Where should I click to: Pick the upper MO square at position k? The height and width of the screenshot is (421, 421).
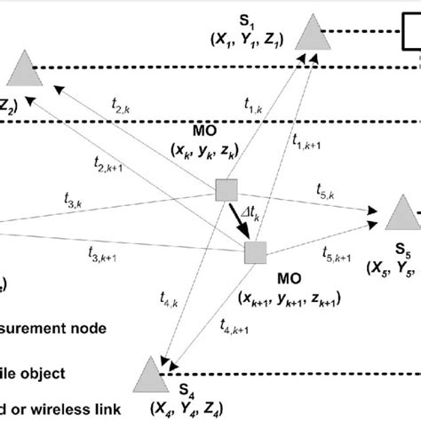[x=227, y=189]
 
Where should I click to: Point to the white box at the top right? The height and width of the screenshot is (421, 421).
[x=413, y=36]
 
